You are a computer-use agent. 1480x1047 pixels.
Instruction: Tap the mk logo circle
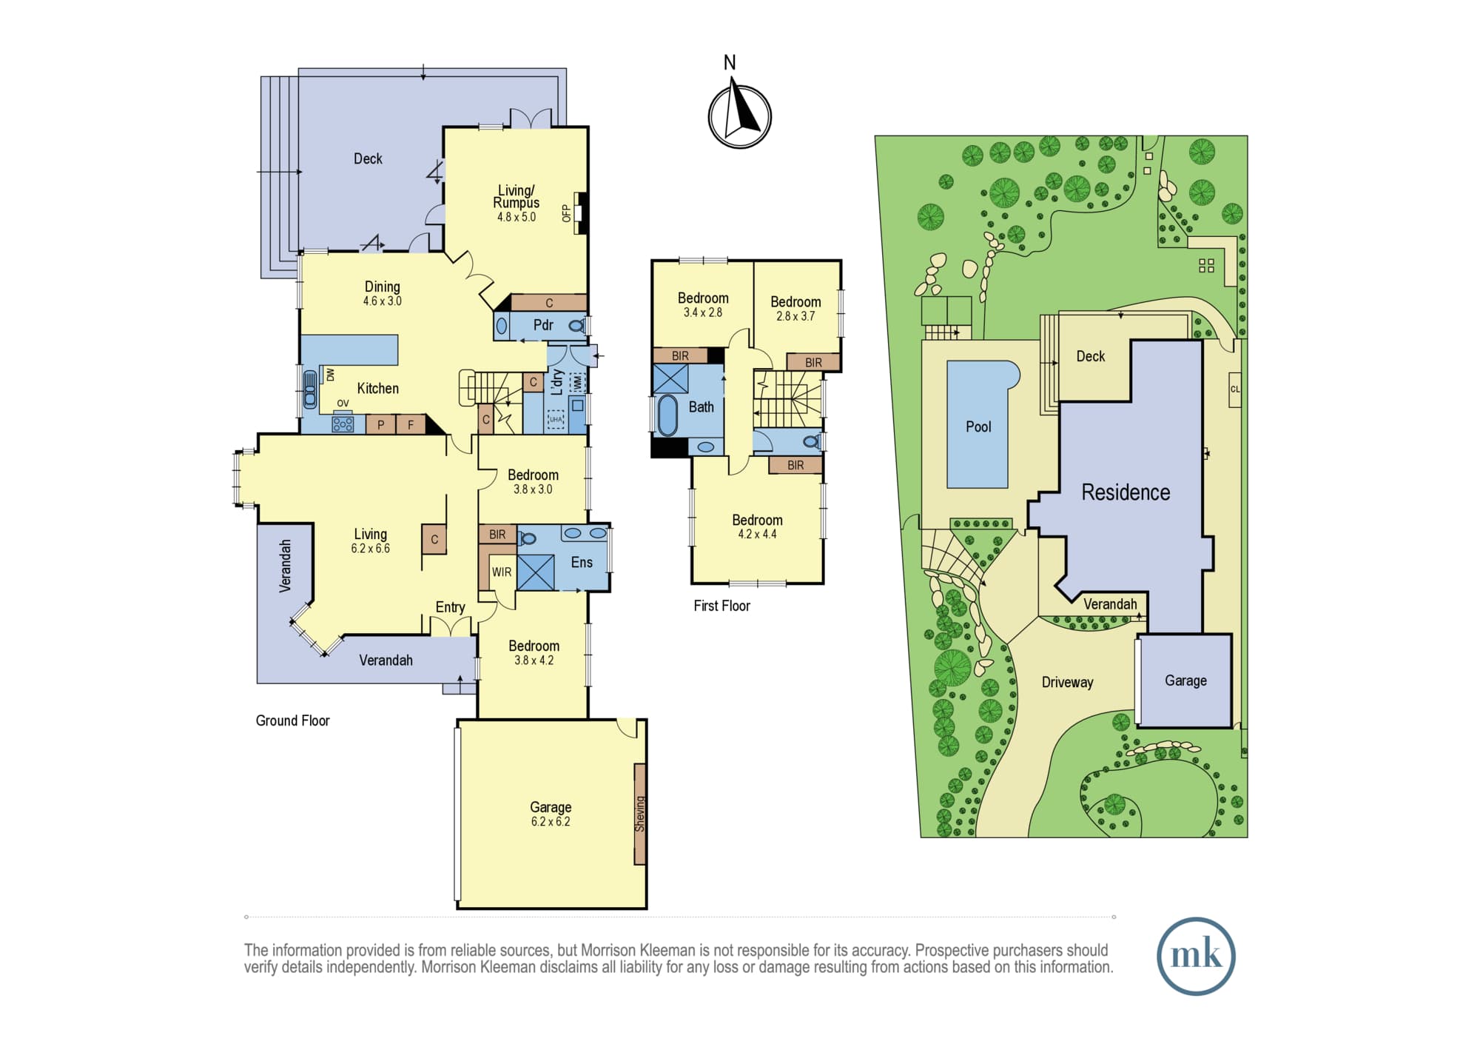tap(1196, 956)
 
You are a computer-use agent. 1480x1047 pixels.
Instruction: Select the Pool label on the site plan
tap(978, 427)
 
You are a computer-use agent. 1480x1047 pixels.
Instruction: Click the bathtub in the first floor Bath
tap(667, 415)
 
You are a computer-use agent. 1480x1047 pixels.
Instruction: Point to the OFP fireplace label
tap(567, 213)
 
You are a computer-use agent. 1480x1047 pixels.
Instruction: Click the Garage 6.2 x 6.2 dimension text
tap(551, 822)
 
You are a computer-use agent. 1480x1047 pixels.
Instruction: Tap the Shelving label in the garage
tap(640, 814)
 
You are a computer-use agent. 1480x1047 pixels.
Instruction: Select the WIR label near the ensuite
tap(502, 572)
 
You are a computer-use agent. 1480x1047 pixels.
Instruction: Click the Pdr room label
tap(543, 325)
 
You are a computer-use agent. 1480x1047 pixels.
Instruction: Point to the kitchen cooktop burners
tap(343, 424)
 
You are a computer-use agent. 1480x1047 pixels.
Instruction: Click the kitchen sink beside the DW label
tap(310, 389)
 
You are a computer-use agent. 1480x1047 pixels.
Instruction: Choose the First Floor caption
tap(721, 606)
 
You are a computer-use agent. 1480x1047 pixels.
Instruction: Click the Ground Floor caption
tap(292, 720)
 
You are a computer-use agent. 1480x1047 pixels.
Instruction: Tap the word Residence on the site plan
tap(1126, 492)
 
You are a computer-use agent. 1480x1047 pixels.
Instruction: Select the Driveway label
tap(1067, 683)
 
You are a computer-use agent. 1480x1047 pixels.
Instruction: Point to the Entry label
tap(450, 608)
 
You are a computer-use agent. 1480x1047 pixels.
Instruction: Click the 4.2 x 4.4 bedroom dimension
tap(757, 535)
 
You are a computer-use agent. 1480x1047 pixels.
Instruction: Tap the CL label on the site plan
tap(1234, 389)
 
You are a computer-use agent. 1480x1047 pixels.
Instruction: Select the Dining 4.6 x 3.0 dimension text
tap(382, 301)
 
